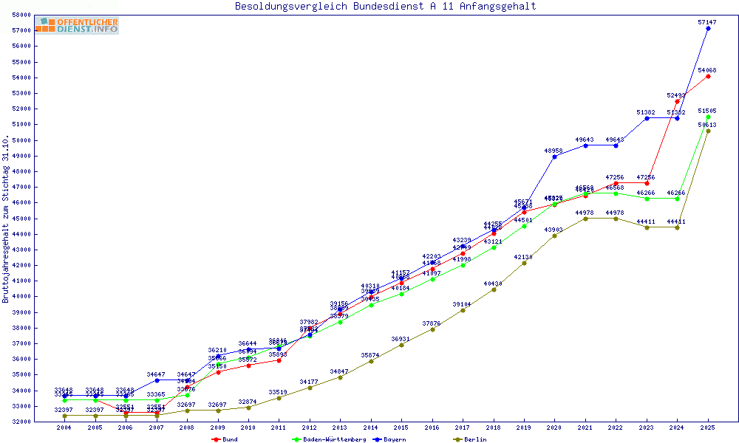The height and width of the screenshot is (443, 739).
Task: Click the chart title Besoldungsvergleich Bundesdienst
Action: tap(385, 7)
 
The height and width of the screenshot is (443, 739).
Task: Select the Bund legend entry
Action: tap(225, 439)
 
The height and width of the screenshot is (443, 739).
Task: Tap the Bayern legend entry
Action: tap(392, 439)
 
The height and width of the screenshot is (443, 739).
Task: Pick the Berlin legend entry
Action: tap(470, 439)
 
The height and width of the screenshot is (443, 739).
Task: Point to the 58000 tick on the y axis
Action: tap(20, 15)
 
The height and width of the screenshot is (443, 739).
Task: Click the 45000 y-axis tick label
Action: tap(20, 219)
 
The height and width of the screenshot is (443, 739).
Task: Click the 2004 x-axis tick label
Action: tap(64, 428)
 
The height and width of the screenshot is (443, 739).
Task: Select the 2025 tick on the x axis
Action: tap(708, 428)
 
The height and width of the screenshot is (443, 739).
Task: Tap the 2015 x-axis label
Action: tap(401, 428)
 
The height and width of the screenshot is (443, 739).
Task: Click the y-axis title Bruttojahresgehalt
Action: tap(6, 219)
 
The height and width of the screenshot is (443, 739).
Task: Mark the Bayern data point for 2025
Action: tap(708, 28)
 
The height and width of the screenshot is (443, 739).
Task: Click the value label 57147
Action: tap(707, 22)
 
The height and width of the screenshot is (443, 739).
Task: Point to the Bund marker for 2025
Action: tap(708, 76)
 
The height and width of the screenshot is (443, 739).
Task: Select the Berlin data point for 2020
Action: tap(554, 236)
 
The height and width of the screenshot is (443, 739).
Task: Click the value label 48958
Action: tap(554, 151)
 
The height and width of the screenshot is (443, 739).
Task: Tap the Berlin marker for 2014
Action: tap(371, 361)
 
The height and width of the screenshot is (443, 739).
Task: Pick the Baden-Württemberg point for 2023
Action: tap(647, 198)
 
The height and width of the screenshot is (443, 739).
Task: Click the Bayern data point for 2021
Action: tap(585, 145)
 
